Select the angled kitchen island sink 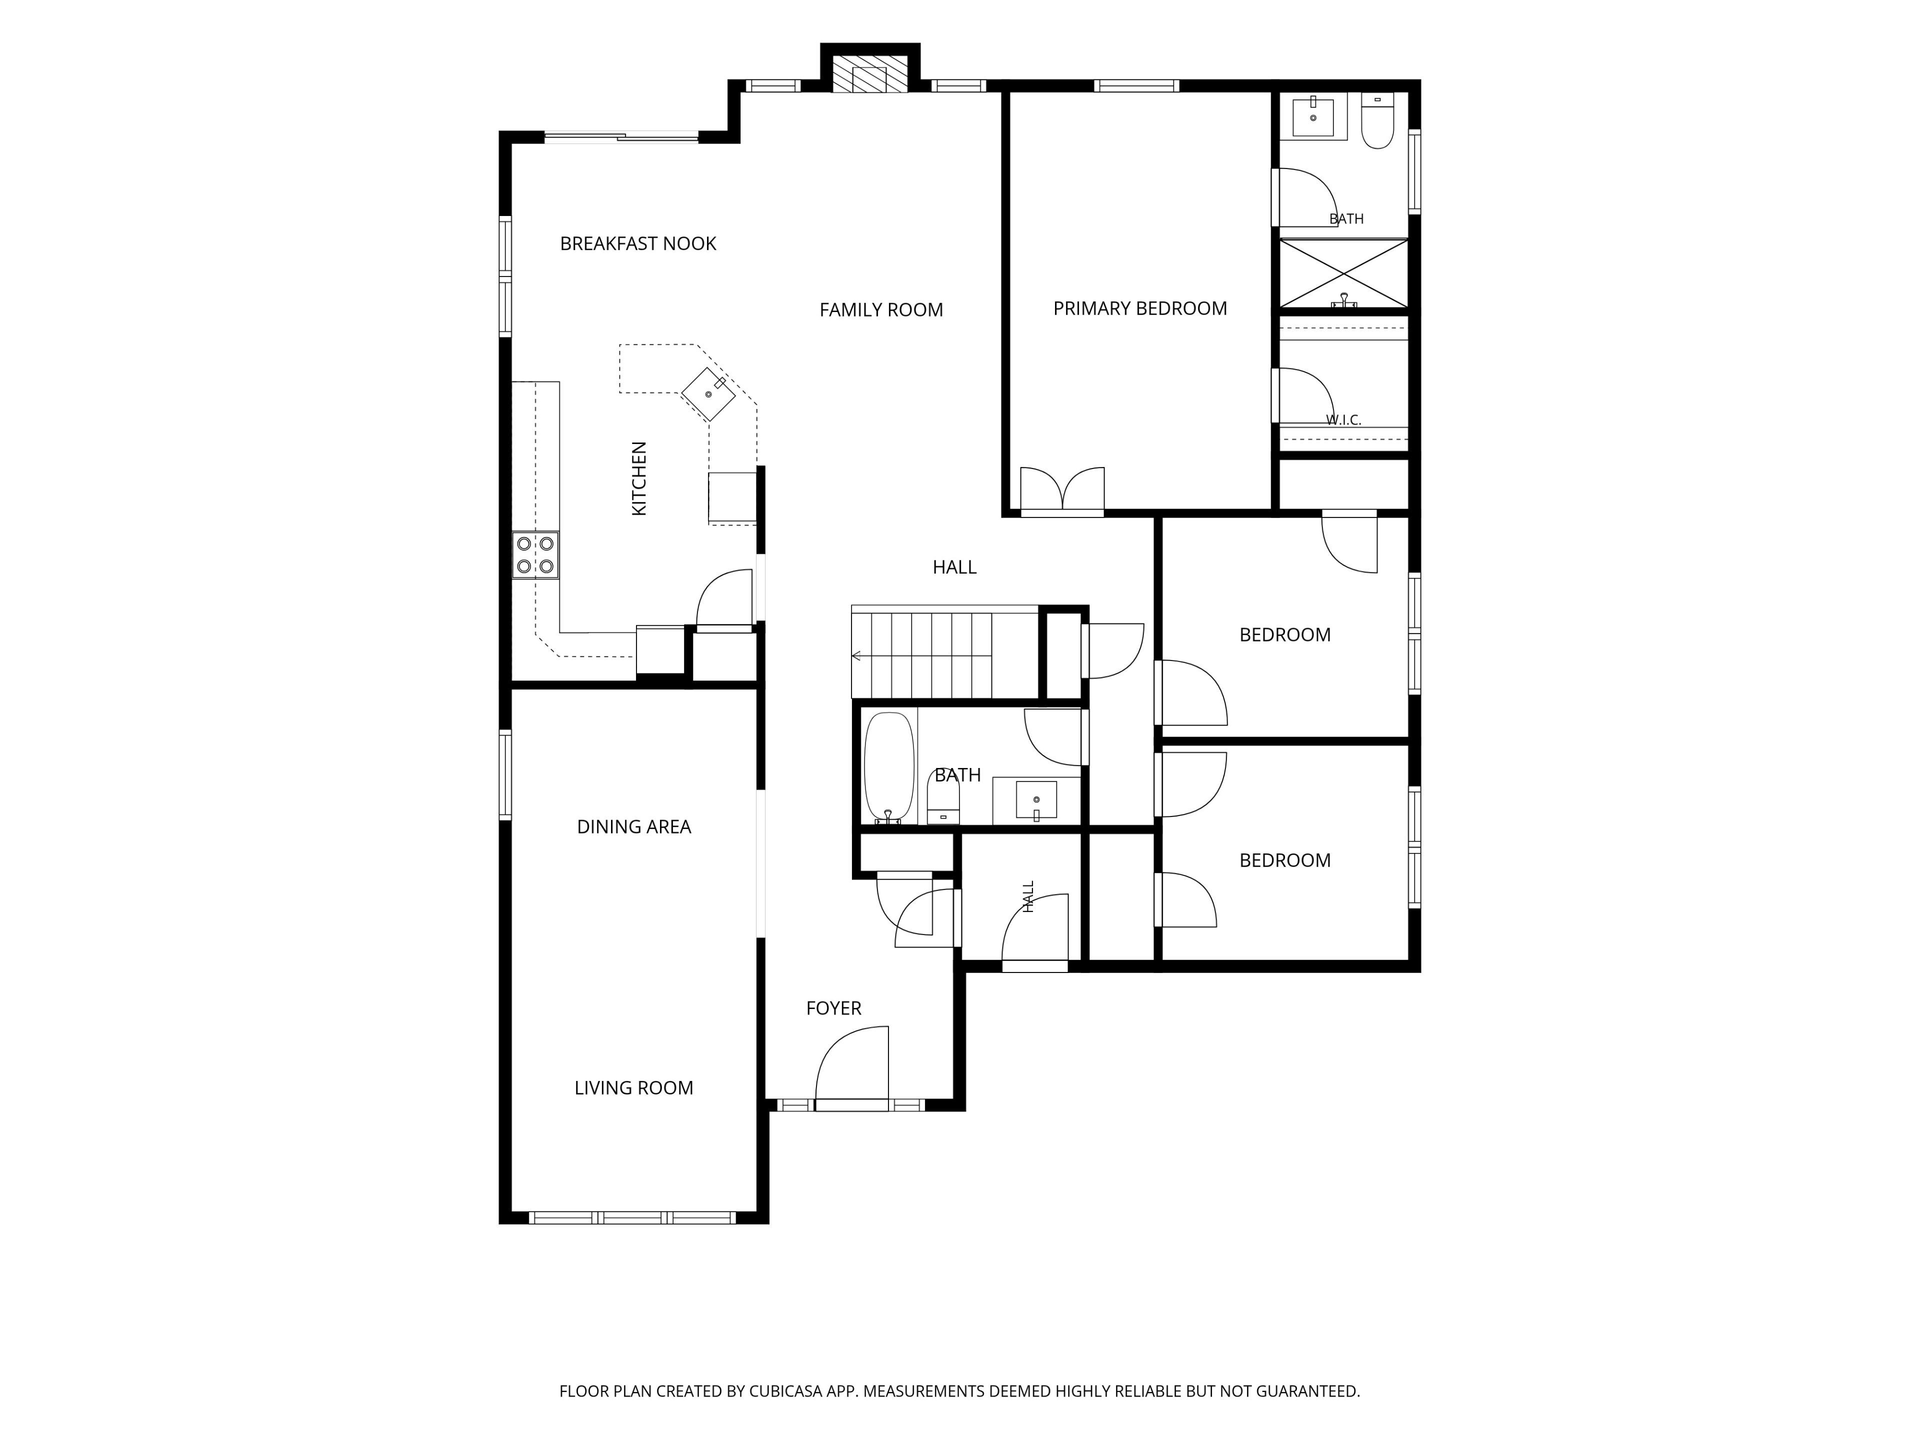[708, 394]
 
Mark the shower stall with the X [1343, 273]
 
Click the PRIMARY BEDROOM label [1139, 308]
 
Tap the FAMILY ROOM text [881, 310]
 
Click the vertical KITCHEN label [639, 479]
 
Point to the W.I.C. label [1343, 420]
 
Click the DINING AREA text [633, 827]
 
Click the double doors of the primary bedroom [1062, 491]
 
